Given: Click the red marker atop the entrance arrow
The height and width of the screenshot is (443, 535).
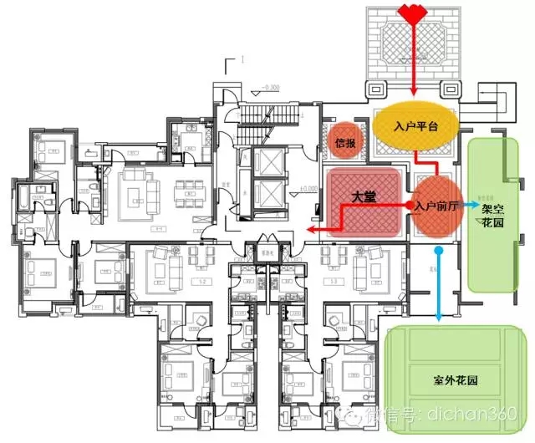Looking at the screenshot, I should coord(415,13).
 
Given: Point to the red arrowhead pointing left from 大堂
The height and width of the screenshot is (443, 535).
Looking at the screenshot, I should coord(308,227).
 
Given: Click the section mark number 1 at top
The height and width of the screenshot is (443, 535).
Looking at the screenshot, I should coord(242,60).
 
